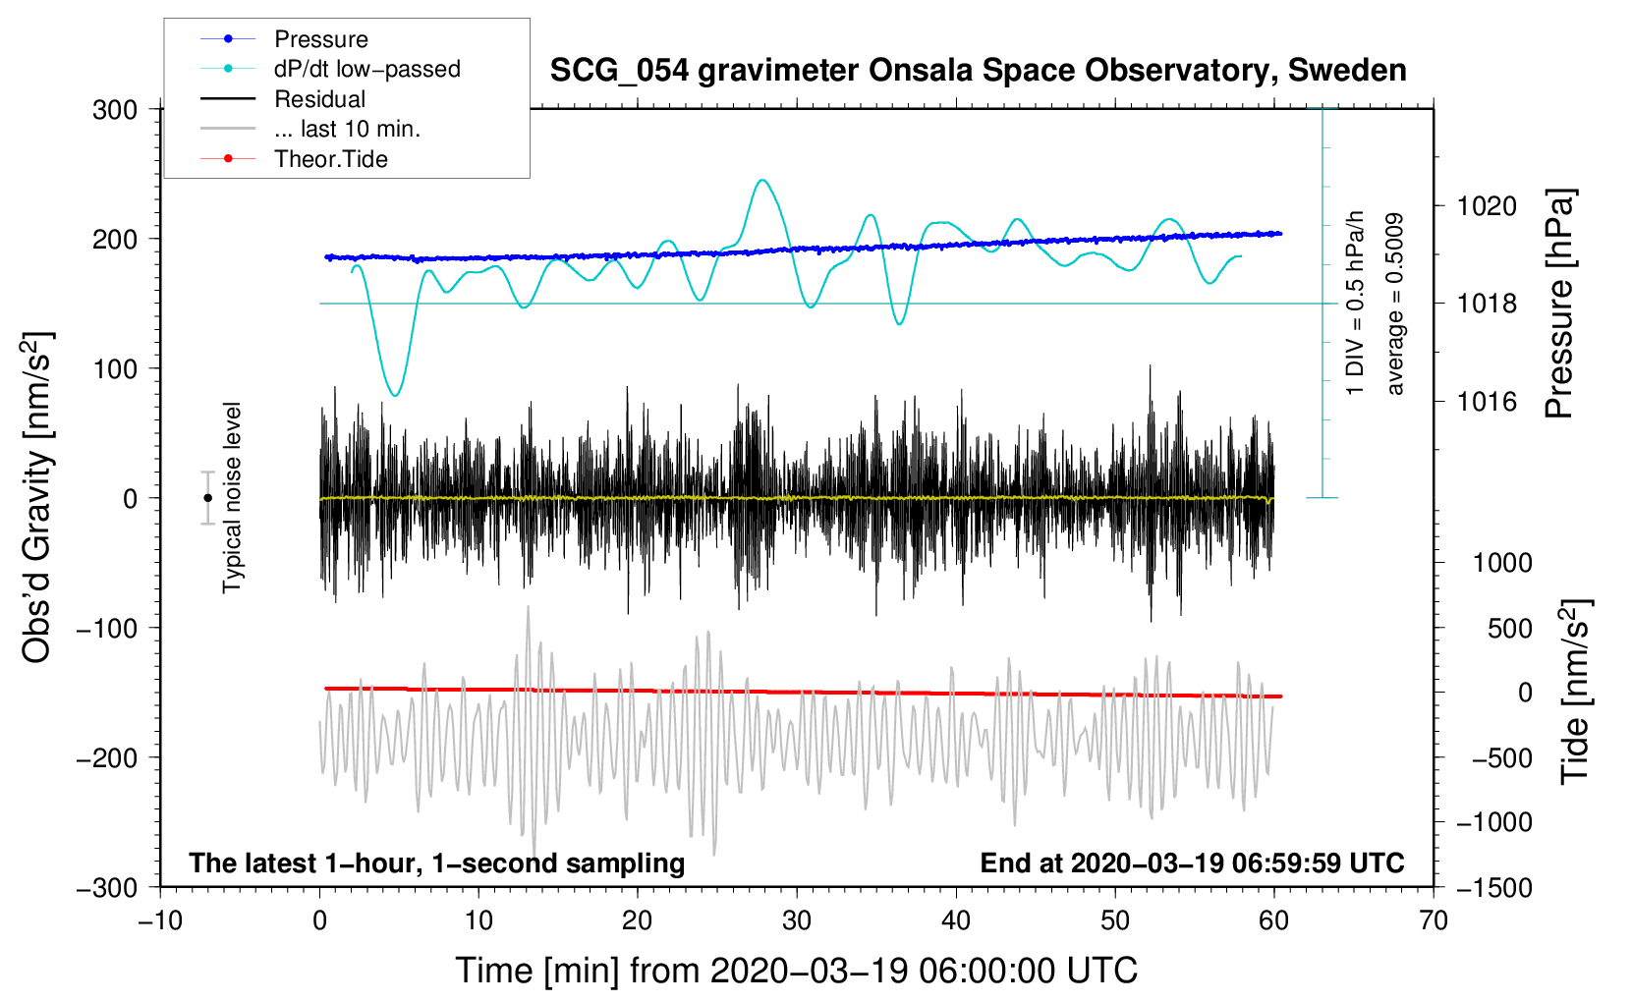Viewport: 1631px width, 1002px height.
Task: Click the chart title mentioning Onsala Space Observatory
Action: [x=978, y=71]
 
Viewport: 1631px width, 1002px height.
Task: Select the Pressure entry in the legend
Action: [x=321, y=38]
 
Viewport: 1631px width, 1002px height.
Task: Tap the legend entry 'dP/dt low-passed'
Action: [x=367, y=69]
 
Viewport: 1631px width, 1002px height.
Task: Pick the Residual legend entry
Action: [x=319, y=99]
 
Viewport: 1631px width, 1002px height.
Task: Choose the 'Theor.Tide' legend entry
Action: [x=330, y=159]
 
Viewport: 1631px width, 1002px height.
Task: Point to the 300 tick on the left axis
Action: [x=115, y=110]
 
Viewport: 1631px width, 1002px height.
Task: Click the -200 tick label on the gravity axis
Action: [x=107, y=758]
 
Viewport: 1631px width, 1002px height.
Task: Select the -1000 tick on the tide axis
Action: [x=1494, y=822]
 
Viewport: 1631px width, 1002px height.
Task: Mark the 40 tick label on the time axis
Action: [x=955, y=920]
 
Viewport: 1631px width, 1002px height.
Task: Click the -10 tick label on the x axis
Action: [x=160, y=920]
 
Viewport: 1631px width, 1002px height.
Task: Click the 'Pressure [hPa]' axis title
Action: [x=1559, y=304]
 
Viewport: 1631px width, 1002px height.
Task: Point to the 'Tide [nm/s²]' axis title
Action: [x=1574, y=692]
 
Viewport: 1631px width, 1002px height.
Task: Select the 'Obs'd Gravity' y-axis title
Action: [x=36, y=497]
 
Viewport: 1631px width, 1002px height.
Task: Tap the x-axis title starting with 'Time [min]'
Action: [x=797, y=970]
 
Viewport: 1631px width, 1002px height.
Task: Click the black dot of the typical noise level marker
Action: [x=207, y=498]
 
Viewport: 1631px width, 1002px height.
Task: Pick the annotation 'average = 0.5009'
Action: [x=1393, y=305]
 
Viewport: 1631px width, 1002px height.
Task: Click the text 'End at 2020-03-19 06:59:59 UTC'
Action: [x=1192, y=863]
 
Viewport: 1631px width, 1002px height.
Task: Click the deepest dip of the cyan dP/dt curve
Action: [x=395, y=396]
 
